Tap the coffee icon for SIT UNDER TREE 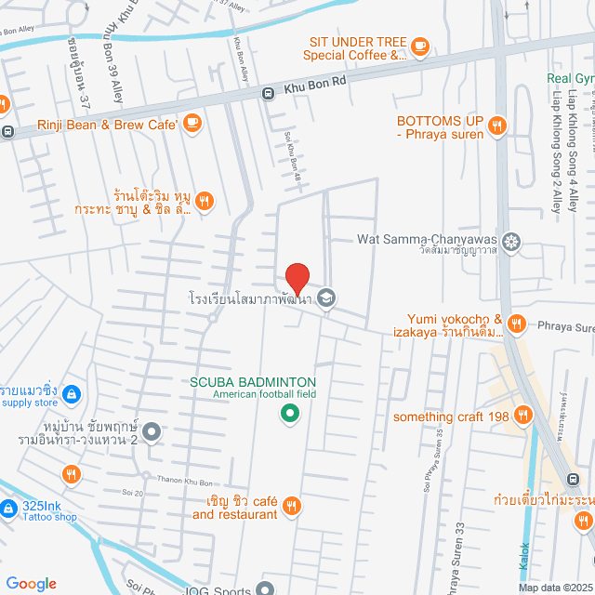pos(419,44)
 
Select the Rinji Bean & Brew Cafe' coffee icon pos(192,121)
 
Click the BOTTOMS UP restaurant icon pos(497,126)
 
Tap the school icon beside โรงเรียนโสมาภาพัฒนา pos(325,298)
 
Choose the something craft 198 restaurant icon pos(524,416)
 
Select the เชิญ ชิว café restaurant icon pos(291,505)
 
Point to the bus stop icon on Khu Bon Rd pos(267,92)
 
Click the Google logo pos(31,583)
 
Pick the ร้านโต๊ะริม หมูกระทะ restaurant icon pos(205,199)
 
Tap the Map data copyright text pos(554,587)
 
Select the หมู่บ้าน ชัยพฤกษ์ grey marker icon pos(152,431)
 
